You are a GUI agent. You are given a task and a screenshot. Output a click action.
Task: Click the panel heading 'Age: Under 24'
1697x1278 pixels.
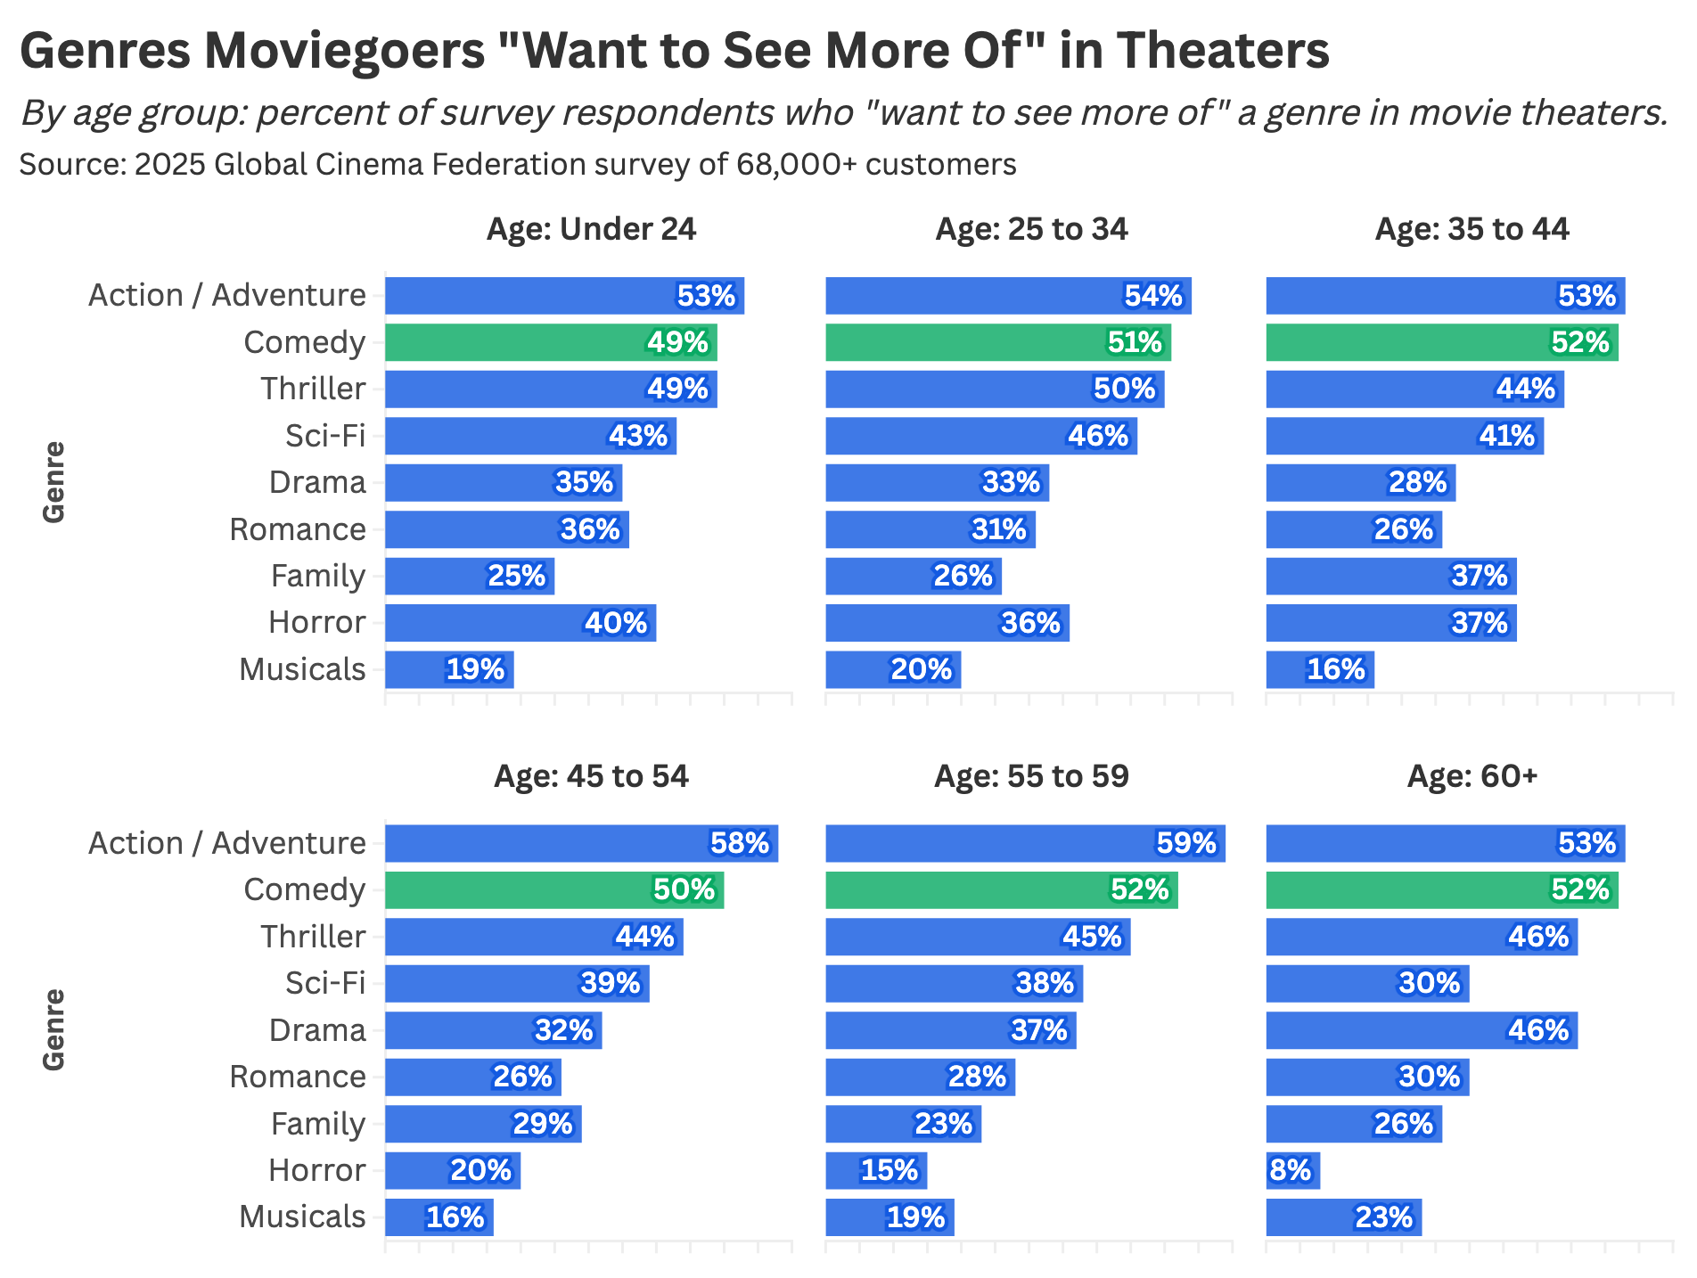tap(591, 230)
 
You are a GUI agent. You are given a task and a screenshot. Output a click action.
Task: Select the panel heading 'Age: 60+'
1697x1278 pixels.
tap(1472, 777)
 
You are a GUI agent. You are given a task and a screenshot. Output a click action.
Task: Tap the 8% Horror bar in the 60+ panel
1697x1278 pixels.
tap(1292, 1170)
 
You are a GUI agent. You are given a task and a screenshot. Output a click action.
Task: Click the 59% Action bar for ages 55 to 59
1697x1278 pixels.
tap(1025, 843)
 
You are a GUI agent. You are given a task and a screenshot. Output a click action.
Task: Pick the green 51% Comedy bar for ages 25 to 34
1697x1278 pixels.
tap(998, 342)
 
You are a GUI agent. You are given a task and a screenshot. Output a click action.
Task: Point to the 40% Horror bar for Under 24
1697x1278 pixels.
tap(521, 623)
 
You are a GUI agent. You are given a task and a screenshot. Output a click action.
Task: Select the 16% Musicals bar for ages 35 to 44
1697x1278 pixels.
tap(1320, 669)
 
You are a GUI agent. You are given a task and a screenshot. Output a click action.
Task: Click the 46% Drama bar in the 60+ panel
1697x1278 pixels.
tap(1422, 1030)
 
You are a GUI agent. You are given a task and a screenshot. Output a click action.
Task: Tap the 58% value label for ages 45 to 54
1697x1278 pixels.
tap(740, 843)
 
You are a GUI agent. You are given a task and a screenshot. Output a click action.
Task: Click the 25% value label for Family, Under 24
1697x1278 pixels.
tap(517, 576)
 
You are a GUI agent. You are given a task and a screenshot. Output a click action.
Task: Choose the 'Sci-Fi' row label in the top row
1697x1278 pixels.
tap(325, 436)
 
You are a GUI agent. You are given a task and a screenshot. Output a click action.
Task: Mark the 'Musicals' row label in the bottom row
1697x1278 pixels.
tap(302, 1217)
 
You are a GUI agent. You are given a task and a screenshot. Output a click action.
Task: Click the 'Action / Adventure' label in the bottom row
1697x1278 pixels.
tap(227, 843)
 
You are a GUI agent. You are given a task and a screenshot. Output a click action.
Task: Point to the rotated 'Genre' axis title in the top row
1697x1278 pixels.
tap(54, 482)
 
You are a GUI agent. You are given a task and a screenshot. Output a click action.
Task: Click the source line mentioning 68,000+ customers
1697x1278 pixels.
tap(518, 165)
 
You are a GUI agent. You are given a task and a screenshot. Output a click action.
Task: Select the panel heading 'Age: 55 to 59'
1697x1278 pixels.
tap(1031, 777)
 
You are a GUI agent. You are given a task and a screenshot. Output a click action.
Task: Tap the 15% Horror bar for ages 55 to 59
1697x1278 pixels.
tap(876, 1170)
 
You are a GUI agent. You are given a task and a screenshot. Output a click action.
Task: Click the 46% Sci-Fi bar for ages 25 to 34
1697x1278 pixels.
tap(980, 436)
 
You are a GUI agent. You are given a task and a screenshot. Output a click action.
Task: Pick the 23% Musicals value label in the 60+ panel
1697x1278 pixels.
tap(1383, 1217)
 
